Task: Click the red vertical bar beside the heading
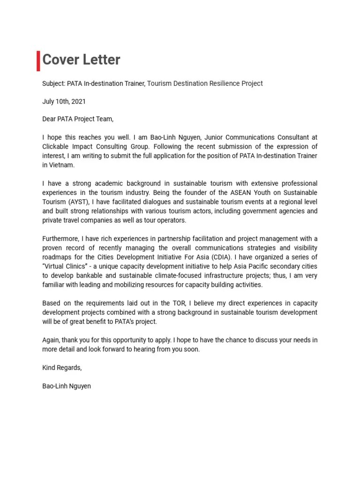(38, 60)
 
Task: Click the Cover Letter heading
(81, 60)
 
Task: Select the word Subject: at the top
(53, 83)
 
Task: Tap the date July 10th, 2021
(64, 101)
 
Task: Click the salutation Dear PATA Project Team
(78, 119)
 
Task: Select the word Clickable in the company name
(57, 147)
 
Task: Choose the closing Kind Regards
(62, 368)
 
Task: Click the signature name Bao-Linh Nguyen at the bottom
(67, 386)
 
